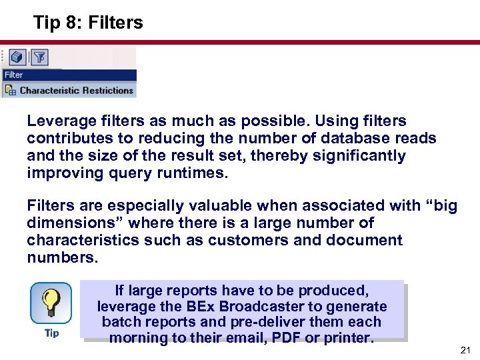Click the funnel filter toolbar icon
click(39, 57)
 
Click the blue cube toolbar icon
click(17, 57)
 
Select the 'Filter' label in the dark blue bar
click(13, 75)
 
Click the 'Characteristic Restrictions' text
click(77, 90)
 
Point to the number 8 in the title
click(71, 23)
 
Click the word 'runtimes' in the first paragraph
click(193, 173)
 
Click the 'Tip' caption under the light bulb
click(51, 333)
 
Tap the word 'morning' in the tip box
click(137, 337)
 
